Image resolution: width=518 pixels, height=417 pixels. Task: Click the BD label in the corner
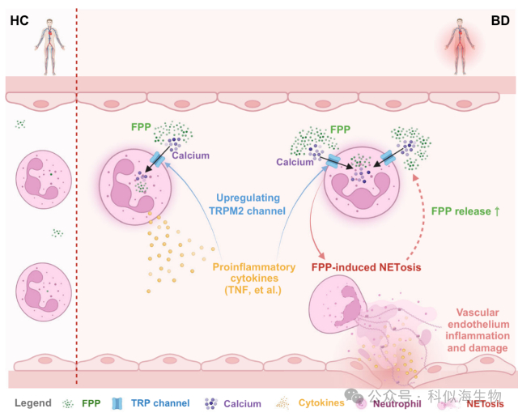point(499,19)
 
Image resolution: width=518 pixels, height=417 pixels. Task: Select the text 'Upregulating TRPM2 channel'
point(250,204)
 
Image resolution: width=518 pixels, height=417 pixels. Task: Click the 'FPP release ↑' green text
point(471,212)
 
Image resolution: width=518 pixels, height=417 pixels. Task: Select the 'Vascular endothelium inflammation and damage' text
point(482,330)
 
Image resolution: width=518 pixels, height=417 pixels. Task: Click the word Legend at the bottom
point(32,402)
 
